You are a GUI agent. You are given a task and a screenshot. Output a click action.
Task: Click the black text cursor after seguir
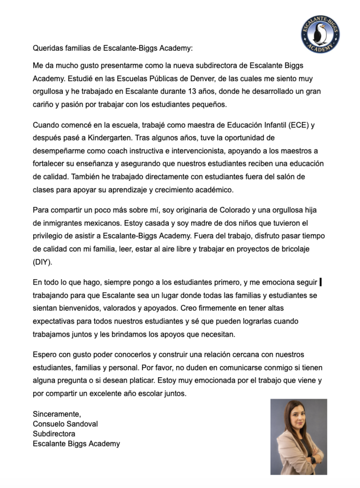320,282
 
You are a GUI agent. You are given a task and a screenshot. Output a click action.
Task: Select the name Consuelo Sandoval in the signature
65,424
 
